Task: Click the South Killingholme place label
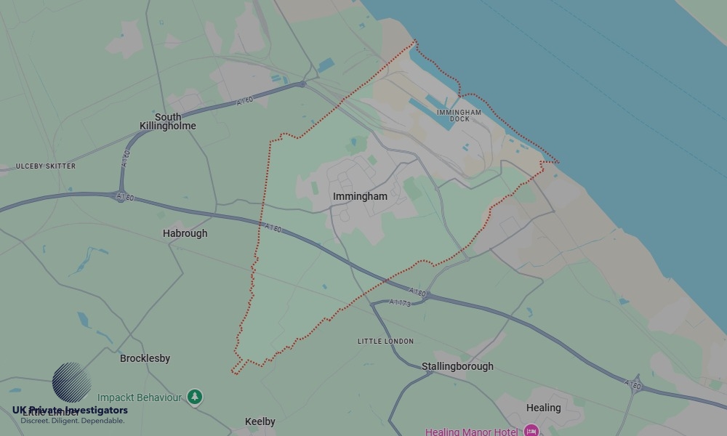(168, 121)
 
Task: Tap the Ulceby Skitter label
(46, 166)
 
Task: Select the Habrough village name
(185, 233)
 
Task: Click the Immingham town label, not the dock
(360, 196)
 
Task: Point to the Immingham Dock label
(459, 116)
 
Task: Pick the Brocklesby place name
(145, 358)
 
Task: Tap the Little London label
(385, 342)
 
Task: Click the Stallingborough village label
(457, 366)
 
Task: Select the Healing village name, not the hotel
(543, 408)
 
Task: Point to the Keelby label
(260, 421)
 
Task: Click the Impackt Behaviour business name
(140, 397)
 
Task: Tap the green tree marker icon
(194, 397)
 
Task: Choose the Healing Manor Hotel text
(472, 432)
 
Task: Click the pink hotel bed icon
(531, 431)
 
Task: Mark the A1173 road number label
(400, 302)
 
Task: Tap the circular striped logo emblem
(71, 382)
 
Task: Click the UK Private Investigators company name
(70, 411)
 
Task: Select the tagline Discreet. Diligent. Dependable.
(72, 421)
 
